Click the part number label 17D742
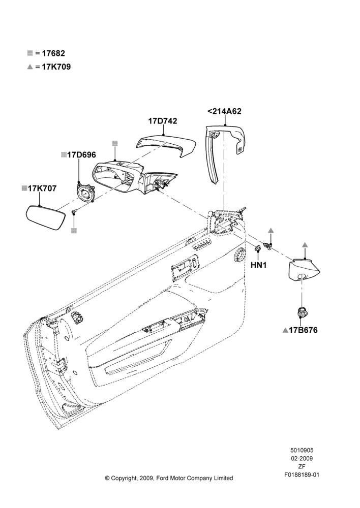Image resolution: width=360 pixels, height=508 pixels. pos(163,121)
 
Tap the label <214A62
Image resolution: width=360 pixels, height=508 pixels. pos(224,111)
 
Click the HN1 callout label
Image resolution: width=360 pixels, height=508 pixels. pos(258,265)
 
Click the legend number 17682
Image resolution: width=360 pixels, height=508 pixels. pos(53,53)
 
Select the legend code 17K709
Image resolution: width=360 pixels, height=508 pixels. pos(56,67)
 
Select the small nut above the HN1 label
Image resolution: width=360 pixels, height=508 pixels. pos(258,248)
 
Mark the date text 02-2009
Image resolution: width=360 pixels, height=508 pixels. pos(302,458)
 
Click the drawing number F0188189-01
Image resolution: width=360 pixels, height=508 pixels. pos(302,474)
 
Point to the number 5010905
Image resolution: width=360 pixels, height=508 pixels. pos(302,450)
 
